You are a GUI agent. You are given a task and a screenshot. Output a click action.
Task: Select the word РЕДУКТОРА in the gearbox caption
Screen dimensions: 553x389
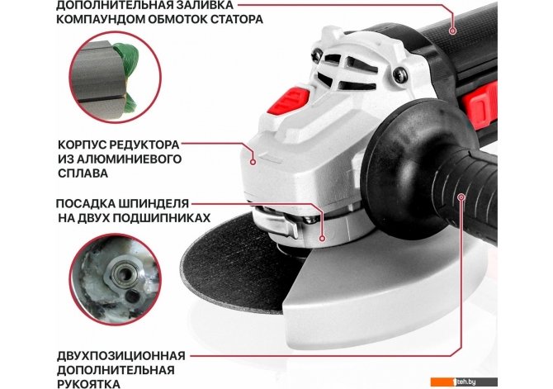pyautogui.click(x=144, y=145)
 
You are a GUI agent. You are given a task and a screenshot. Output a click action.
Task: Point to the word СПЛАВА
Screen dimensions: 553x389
pyautogui.click(x=83, y=173)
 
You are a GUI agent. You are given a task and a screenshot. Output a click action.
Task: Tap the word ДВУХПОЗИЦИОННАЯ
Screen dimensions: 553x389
pyautogui.click(x=121, y=355)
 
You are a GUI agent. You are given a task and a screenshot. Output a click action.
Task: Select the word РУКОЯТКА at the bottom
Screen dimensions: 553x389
pyautogui.click(x=88, y=383)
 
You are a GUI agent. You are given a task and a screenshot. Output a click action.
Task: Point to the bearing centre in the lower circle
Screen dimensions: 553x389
pyautogui.click(x=124, y=273)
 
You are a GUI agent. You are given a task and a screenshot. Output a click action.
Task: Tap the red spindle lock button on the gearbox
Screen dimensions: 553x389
pyautogui.click(x=289, y=100)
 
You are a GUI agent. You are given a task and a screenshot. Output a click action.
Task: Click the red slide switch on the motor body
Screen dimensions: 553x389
pyautogui.click(x=480, y=105)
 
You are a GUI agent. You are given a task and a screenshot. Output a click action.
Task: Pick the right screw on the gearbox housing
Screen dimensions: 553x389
pyautogui.click(x=400, y=74)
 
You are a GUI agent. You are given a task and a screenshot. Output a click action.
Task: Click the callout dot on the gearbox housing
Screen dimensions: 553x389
pyautogui.click(x=253, y=162)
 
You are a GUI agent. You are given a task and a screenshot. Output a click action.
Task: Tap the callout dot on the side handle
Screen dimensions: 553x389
pyautogui.click(x=461, y=197)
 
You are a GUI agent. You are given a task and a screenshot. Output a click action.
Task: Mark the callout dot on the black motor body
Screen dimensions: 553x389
pyautogui.click(x=453, y=31)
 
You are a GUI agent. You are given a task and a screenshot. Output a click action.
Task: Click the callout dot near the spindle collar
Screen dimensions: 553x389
pyautogui.click(x=322, y=238)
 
